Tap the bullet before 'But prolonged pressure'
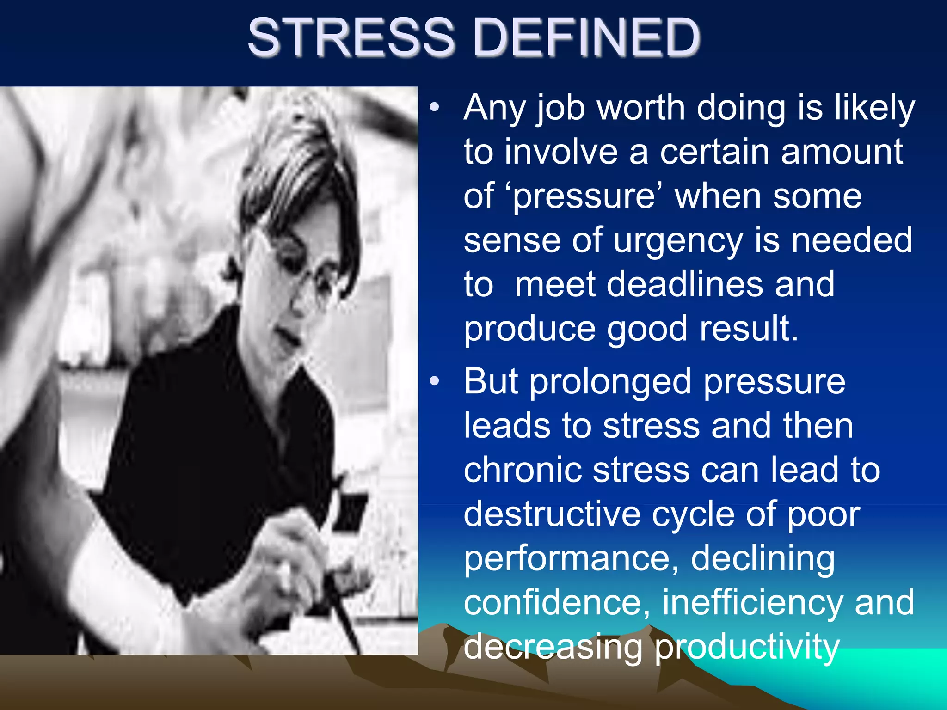434,382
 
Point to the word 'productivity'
746,647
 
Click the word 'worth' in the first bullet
641,108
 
